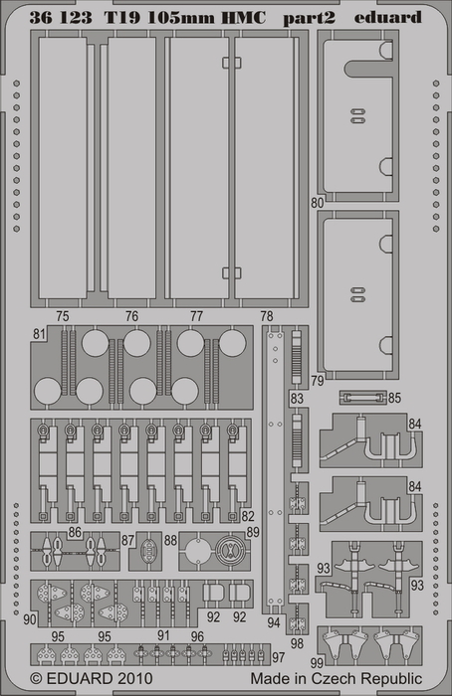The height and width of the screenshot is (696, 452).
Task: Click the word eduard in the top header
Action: click(387, 17)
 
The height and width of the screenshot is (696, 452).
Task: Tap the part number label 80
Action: click(318, 203)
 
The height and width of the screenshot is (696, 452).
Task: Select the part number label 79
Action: click(318, 381)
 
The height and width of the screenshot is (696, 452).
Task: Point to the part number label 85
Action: click(394, 398)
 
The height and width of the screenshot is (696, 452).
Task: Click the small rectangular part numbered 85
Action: click(362, 398)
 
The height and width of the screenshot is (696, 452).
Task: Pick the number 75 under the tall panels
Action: click(63, 316)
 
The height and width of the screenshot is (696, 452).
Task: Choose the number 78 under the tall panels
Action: click(267, 316)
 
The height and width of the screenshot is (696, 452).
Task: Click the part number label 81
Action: click(40, 334)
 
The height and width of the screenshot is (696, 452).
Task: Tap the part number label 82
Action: click(248, 516)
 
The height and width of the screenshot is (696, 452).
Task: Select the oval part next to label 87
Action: click(147, 551)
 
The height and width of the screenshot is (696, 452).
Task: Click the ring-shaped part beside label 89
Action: click(230, 551)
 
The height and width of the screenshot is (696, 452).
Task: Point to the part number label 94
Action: click(274, 622)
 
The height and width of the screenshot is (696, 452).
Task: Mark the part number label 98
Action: click(298, 642)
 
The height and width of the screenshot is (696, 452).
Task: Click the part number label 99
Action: click(317, 663)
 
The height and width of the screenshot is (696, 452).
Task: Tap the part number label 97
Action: click(278, 657)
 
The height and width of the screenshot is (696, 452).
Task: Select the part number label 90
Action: click(29, 619)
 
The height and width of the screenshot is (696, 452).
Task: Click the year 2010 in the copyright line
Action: click(135, 679)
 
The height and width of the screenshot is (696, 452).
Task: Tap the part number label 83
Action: click(297, 399)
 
